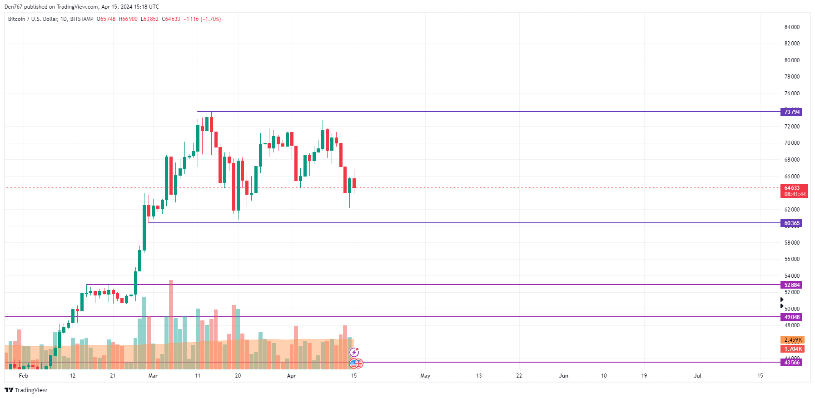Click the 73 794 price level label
(791, 112)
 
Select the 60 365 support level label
(791, 223)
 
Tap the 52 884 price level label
(791, 285)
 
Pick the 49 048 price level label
(791, 317)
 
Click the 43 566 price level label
(791, 363)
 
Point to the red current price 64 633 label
(794, 191)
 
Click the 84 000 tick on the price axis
(792, 27)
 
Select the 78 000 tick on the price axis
(792, 77)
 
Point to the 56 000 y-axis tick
(792, 259)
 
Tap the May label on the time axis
(425, 376)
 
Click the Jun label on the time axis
(563, 376)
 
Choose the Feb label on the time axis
(24, 376)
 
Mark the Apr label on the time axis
(291, 376)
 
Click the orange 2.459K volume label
(792, 340)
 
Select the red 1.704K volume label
(792, 349)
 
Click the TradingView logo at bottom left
(26, 390)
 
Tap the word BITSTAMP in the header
(82, 19)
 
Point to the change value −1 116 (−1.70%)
(202, 19)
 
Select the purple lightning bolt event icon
(354, 353)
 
